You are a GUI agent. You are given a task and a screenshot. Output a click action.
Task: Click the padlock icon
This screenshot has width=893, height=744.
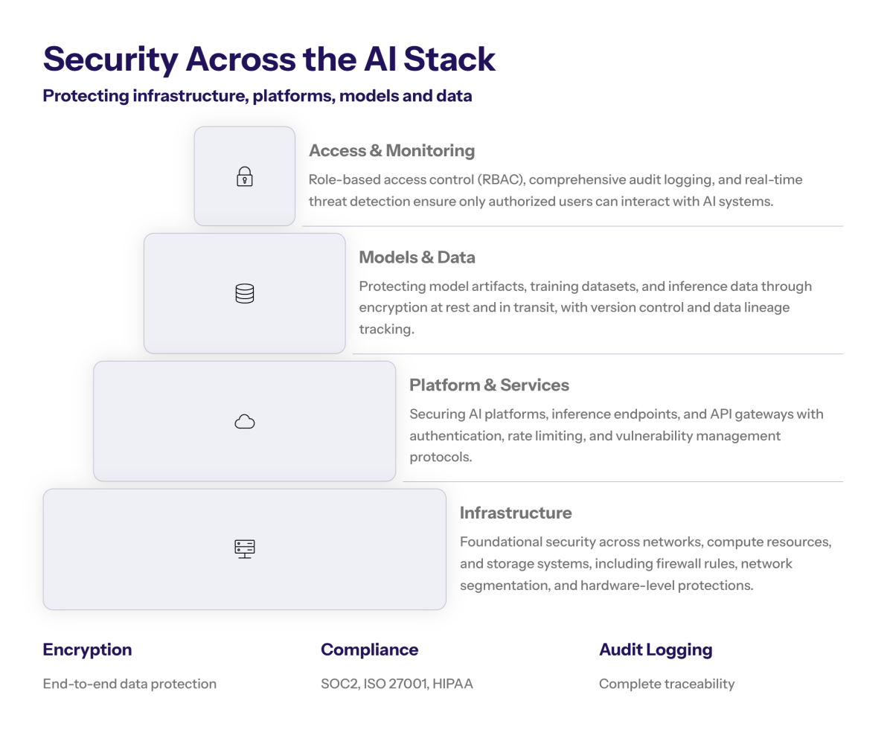(245, 177)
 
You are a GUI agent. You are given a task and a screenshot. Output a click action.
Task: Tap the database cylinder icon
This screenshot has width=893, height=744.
(245, 294)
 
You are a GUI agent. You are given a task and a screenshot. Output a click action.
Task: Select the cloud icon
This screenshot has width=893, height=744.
(245, 423)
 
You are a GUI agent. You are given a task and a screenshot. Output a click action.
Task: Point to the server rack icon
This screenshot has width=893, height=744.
(245, 549)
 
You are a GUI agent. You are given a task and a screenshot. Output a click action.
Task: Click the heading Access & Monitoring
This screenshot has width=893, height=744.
(391, 151)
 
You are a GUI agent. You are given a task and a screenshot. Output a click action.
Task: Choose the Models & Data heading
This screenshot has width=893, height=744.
(417, 257)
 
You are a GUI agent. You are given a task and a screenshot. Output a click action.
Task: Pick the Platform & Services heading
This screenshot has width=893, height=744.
(489, 385)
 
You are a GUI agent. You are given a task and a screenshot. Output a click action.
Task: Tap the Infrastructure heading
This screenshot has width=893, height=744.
(516, 513)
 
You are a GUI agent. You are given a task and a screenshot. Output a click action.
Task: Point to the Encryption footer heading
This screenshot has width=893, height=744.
(87, 650)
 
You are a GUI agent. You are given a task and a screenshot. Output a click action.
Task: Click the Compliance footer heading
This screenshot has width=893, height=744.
(369, 650)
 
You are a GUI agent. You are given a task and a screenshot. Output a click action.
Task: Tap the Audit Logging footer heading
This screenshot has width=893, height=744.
(656, 650)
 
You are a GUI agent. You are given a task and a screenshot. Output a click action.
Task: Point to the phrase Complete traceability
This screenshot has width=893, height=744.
(667, 684)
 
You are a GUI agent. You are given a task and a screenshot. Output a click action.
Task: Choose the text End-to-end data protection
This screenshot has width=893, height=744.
(129, 684)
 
